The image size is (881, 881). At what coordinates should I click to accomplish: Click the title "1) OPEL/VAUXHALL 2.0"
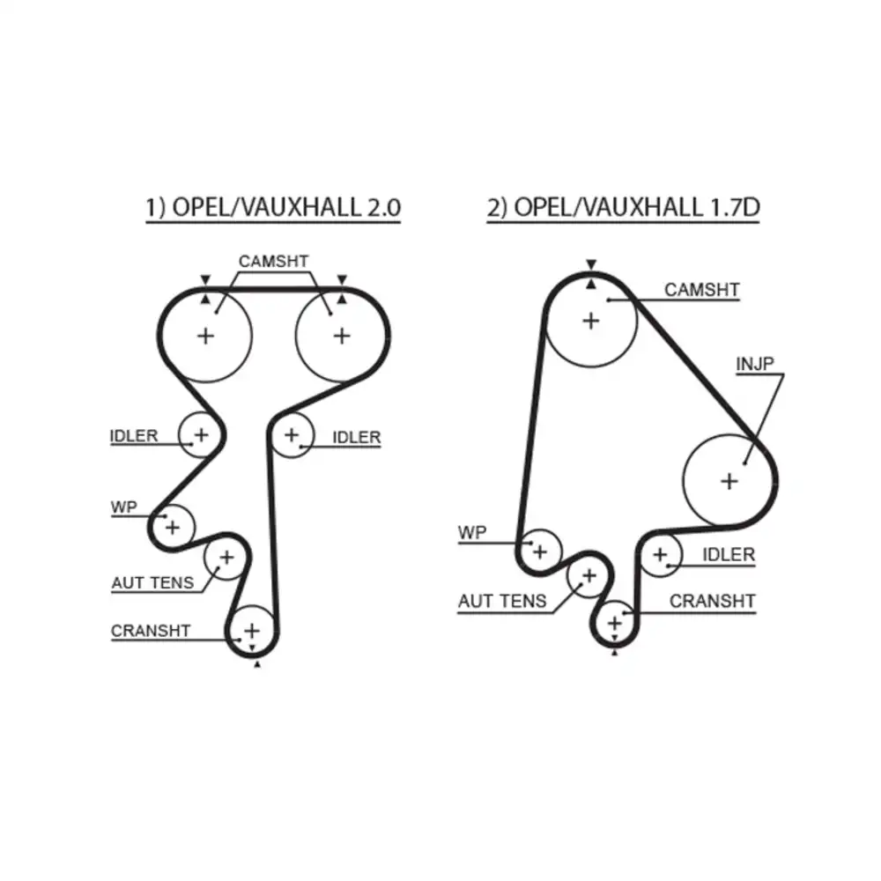(x=273, y=207)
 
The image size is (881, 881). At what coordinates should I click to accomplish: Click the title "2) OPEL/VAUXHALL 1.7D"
(x=623, y=207)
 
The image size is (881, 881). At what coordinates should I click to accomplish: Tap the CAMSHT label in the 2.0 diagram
(x=274, y=262)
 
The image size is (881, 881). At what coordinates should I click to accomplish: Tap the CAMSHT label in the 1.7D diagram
(x=702, y=290)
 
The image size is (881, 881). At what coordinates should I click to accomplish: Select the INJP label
(x=755, y=364)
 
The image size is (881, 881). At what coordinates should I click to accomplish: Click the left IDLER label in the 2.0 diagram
(x=134, y=436)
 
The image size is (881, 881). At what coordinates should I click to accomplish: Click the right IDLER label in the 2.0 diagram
(x=357, y=437)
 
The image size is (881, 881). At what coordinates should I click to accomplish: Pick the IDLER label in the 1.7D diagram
(x=729, y=555)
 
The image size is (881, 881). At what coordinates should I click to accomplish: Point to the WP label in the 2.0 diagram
(x=123, y=507)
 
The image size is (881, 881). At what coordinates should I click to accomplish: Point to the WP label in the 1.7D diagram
(x=472, y=533)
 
